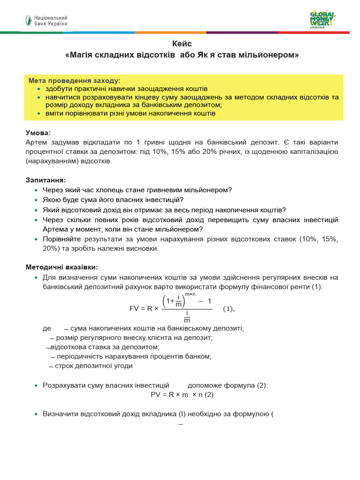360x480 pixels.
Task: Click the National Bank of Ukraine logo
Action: click(x=46, y=20)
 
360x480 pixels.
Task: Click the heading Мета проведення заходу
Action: click(x=74, y=80)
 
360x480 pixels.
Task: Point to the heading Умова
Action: click(x=38, y=133)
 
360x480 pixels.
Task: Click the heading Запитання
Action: click(x=45, y=180)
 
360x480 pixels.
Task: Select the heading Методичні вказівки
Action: click(x=62, y=267)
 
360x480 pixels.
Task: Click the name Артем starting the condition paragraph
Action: click(x=36, y=142)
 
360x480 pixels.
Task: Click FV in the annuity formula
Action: click(x=135, y=308)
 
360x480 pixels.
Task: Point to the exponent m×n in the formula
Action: click(x=190, y=294)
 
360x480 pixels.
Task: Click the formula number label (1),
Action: click(x=228, y=308)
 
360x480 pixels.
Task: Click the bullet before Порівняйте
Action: click(x=37, y=240)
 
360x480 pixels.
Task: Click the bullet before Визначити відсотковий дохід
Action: click(x=37, y=414)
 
